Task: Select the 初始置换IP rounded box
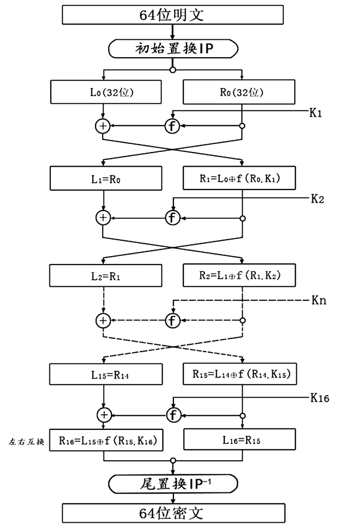coord(174,48)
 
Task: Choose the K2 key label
coord(318,199)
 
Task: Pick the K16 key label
coord(320,398)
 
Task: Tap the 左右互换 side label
coord(26,441)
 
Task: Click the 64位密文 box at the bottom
coord(174,513)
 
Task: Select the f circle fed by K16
coord(173,414)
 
